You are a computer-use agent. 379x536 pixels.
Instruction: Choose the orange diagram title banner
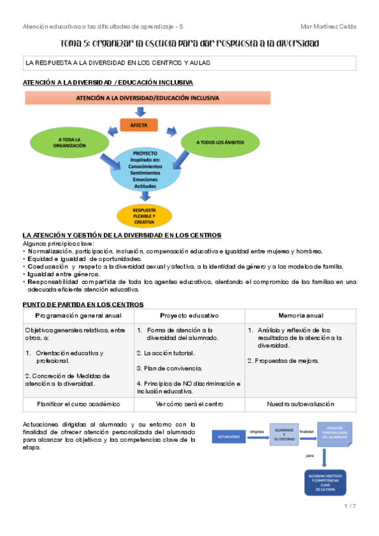click(147, 99)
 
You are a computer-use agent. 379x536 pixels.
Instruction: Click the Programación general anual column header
click(78, 315)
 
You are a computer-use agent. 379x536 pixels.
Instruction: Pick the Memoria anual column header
click(301, 315)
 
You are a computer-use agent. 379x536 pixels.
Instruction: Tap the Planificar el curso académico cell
click(78, 403)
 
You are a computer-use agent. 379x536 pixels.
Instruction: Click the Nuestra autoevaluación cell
click(301, 403)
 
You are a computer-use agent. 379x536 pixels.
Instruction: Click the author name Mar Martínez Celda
click(328, 27)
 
